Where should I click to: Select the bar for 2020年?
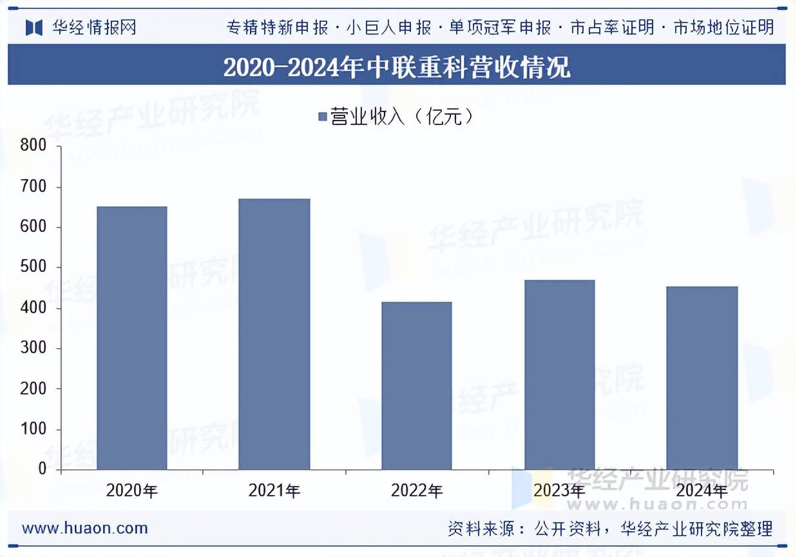132,338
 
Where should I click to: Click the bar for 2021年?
274,334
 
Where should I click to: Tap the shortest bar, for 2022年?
417,386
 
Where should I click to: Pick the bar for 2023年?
560,375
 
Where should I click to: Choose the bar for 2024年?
702,378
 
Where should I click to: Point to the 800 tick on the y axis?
34,146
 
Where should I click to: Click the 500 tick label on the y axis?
34,268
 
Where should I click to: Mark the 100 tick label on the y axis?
34,429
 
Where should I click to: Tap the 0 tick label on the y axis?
42,469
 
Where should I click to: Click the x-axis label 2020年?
132,491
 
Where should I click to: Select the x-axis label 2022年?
417,491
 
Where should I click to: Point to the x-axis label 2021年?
274,491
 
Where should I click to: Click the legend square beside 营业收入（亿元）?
323,117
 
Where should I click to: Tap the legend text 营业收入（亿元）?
403,117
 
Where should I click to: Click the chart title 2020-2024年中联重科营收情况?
397,67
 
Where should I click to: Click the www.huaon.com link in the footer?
85,529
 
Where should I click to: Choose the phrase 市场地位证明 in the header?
723,27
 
